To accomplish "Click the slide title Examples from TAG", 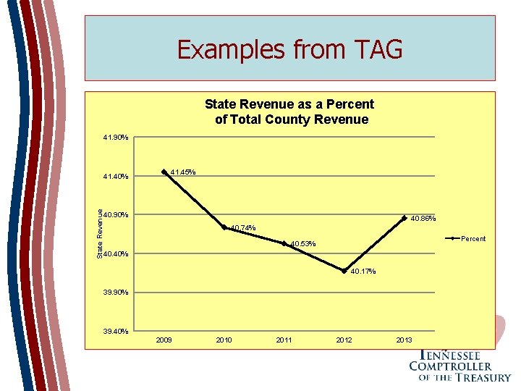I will (x=289, y=49).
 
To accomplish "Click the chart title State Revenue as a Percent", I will (x=289, y=104).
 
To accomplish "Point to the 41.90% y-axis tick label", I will (x=115, y=137).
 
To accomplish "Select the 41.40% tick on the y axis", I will (x=115, y=176).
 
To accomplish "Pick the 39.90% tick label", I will (x=115, y=293).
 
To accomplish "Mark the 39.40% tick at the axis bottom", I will (x=115, y=331).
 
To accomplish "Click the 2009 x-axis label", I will (x=164, y=340).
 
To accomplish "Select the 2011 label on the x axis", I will (x=284, y=340).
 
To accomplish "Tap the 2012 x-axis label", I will (x=344, y=340).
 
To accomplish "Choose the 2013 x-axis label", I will (x=404, y=340).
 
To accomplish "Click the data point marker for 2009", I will (x=164, y=172).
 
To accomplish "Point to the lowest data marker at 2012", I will (x=344, y=271).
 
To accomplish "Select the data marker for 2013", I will (x=404, y=217).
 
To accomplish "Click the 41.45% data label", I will (x=182, y=172).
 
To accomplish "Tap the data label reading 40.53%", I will (x=302, y=245).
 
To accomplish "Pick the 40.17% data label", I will (x=363, y=272).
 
